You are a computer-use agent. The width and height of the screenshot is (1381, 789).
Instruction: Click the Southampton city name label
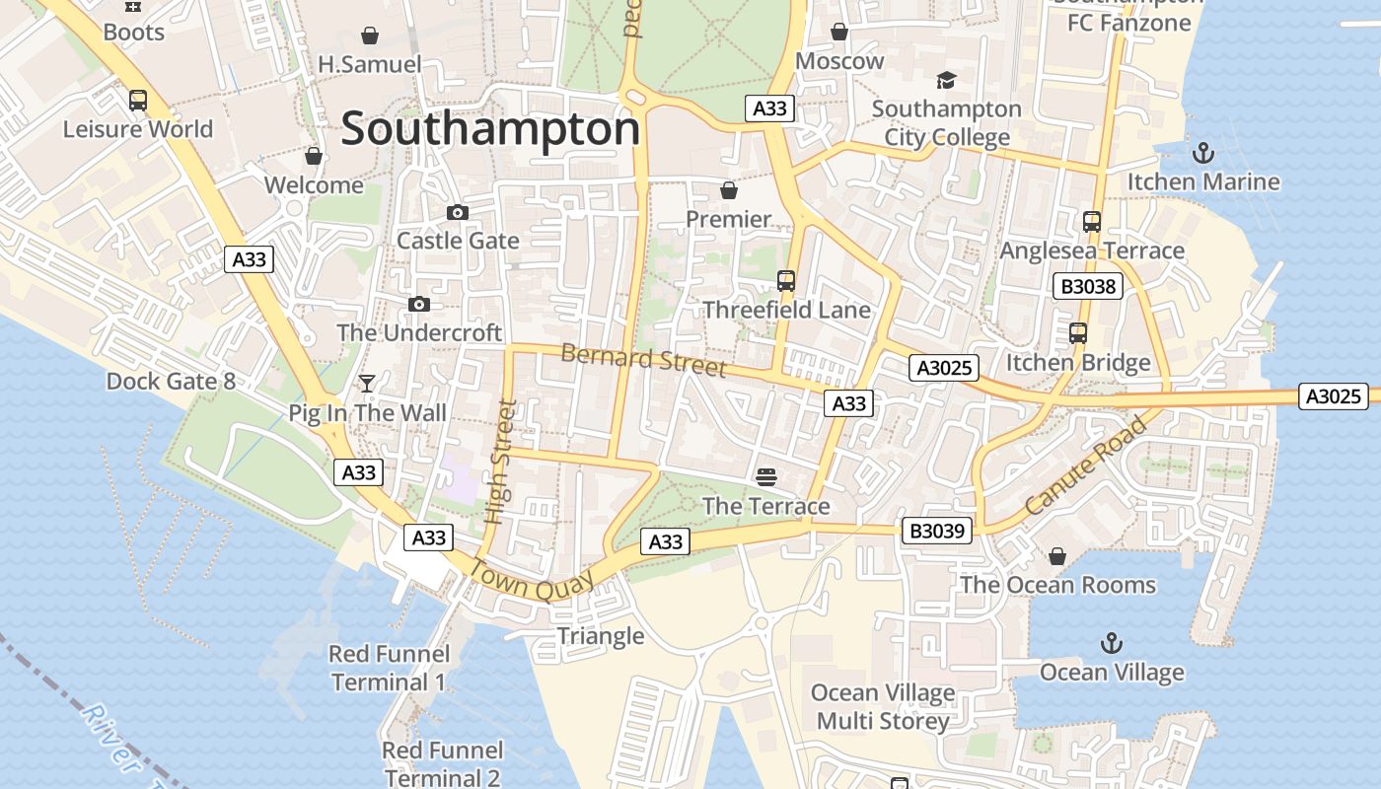click(490, 129)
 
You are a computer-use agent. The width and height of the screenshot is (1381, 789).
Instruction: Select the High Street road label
click(501, 461)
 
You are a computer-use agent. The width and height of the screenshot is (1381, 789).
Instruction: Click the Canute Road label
click(1086, 466)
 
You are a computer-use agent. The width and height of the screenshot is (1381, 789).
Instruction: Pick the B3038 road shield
click(1088, 287)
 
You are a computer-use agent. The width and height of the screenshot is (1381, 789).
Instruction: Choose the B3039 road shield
click(936, 532)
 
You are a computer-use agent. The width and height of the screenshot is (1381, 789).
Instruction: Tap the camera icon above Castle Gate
click(458, 212)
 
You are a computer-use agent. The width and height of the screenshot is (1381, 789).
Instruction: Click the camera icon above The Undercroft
click(419, 304)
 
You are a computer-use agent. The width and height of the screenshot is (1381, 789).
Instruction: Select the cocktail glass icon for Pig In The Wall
click(367, 383)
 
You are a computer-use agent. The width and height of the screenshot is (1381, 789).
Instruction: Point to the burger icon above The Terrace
click(766, 477)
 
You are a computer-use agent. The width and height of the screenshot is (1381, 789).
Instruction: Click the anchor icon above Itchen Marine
click(1202, 153)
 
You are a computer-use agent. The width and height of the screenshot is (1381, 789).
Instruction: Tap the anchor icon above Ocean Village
click(1112, 644)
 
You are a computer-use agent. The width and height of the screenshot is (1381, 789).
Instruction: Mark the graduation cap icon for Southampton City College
click(946, 80)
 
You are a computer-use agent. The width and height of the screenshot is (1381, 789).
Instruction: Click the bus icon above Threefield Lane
click(786, 281)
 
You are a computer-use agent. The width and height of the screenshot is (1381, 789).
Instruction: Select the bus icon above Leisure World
click(138, 101)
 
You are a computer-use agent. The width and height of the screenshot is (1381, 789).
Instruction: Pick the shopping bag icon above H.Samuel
click(370, 36)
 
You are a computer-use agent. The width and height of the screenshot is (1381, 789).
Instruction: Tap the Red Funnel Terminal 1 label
click(389, 668)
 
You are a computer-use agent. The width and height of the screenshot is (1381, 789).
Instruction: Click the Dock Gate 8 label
click(171, 381)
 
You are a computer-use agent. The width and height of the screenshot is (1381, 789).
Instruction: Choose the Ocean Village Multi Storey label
click(883, 707)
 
